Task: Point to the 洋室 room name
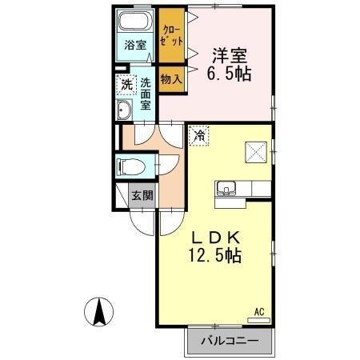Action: pyautogui.click(x=229, y=57)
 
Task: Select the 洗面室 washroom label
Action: pyautogui.click(x=146, y=93)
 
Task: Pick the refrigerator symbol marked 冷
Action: pyautogui.click(x=197, y=135)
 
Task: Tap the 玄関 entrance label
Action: pyautogui.click(x=142, y=196)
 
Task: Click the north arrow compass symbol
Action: pyautogui.click(x=99, y=311)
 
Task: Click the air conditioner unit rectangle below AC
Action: pyautogui.click(x=258, y=319)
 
